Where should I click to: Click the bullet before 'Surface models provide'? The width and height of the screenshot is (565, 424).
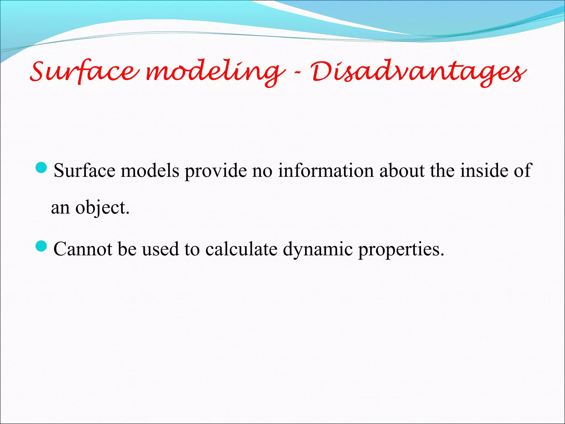[x=42, y=168]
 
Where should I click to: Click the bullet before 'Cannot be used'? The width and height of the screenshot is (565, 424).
[x=42, y=246]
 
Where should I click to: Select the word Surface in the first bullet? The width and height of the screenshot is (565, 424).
[x=84, y=170]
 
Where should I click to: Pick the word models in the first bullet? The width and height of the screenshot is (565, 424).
[x=150, y=170]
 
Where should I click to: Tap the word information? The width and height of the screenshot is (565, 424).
[x=326, y=170]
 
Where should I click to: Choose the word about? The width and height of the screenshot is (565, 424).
[x=402, y=170]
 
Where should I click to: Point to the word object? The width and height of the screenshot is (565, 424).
[x=102, y=208]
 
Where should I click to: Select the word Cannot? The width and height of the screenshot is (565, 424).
[x=83, y=249]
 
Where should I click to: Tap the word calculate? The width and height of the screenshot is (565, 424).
[x=241, y=249]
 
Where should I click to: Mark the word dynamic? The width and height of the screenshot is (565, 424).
[x=318, y=250]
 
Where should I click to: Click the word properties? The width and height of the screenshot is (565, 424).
[x=401, y=250]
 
